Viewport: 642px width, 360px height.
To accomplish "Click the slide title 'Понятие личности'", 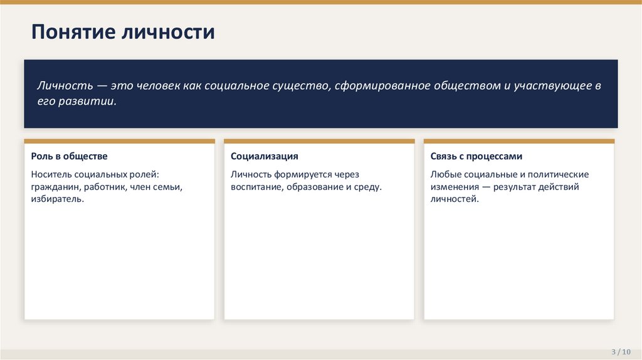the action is click(123, 32).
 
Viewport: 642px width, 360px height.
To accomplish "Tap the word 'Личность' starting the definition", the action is click(65, 85).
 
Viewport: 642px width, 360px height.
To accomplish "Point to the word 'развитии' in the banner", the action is click(87, 101).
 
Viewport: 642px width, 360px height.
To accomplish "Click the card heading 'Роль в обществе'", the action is click(69, 156).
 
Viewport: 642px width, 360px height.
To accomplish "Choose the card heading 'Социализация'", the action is click(265, 156).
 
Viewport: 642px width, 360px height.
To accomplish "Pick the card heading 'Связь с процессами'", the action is click(476, 156).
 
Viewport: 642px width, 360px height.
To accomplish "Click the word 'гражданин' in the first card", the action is click(56, 187).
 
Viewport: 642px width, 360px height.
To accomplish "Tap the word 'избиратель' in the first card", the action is click(57, 199).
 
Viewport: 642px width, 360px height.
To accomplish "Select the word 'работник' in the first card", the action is click(105, 187).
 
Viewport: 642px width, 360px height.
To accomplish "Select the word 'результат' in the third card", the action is click(515, 187).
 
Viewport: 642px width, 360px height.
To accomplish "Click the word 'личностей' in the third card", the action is click(455, 199).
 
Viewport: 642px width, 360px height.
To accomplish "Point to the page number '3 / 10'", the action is click(621, 352).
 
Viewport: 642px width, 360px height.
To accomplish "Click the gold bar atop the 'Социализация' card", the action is click(319, 141).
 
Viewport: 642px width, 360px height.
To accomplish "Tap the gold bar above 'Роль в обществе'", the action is click(120, 141).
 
